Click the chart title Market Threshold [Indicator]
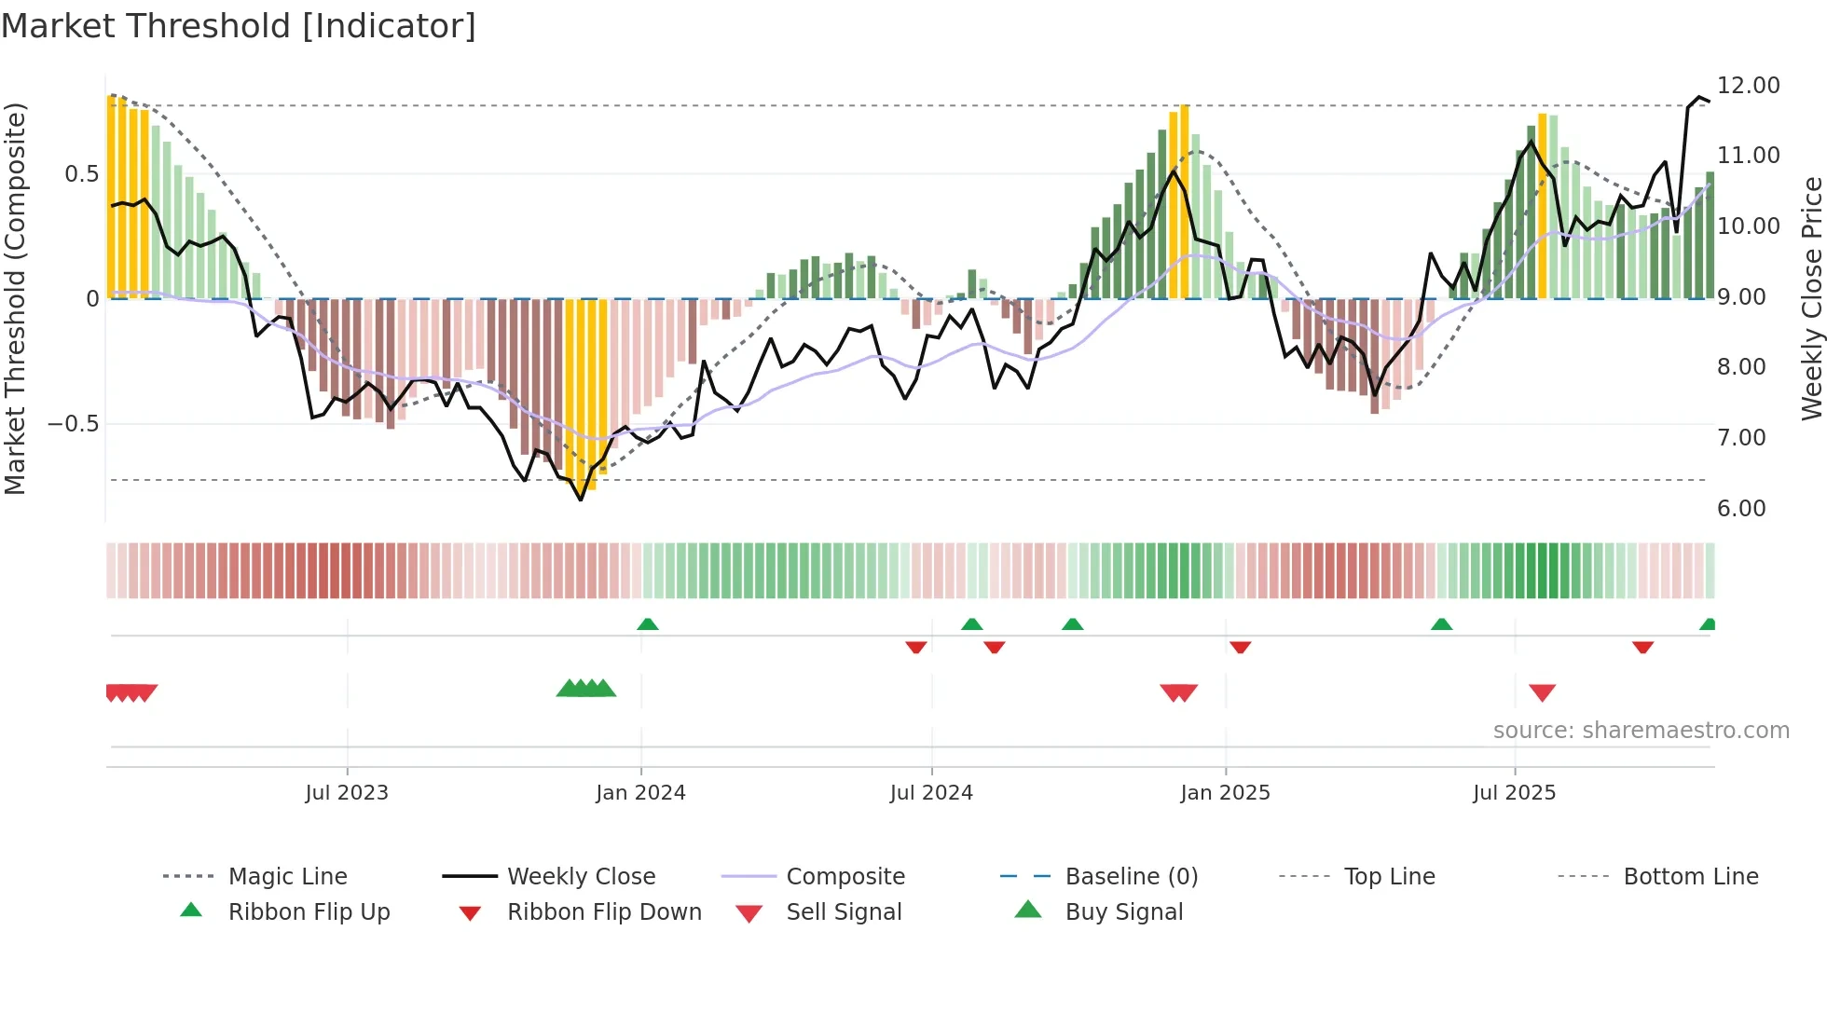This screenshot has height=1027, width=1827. pos(239,26)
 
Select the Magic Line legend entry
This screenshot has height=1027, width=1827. pos(287,877)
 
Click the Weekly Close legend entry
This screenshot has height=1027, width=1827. pos(581,877)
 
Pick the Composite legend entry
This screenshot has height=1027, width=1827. pos(845,877)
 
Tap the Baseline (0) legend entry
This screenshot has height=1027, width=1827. pos(1131,877)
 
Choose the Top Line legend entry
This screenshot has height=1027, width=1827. pos(1389,877)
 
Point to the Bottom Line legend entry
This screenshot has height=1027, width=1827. pos(1690,877)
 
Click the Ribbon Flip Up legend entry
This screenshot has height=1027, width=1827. pos(309,912)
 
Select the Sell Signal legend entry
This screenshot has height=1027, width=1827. pos(843,912)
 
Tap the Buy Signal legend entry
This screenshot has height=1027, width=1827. pos(1123,912)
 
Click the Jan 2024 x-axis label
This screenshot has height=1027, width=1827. pos(640,793)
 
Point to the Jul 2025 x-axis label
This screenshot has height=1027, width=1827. pos(1514,793)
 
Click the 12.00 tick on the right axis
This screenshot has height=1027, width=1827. pos(1748,86)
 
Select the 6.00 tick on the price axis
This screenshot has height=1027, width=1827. pos(1740,509)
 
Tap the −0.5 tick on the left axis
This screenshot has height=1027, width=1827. pos(73,424)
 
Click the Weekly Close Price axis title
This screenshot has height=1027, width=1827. pos(1811,298)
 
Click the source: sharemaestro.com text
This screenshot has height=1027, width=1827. pos(1641,731)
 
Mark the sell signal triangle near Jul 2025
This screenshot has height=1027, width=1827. pos(1542,692)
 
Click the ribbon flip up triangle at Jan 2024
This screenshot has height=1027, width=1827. pos(648,623)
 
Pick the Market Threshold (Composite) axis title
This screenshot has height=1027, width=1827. pos(15,298)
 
